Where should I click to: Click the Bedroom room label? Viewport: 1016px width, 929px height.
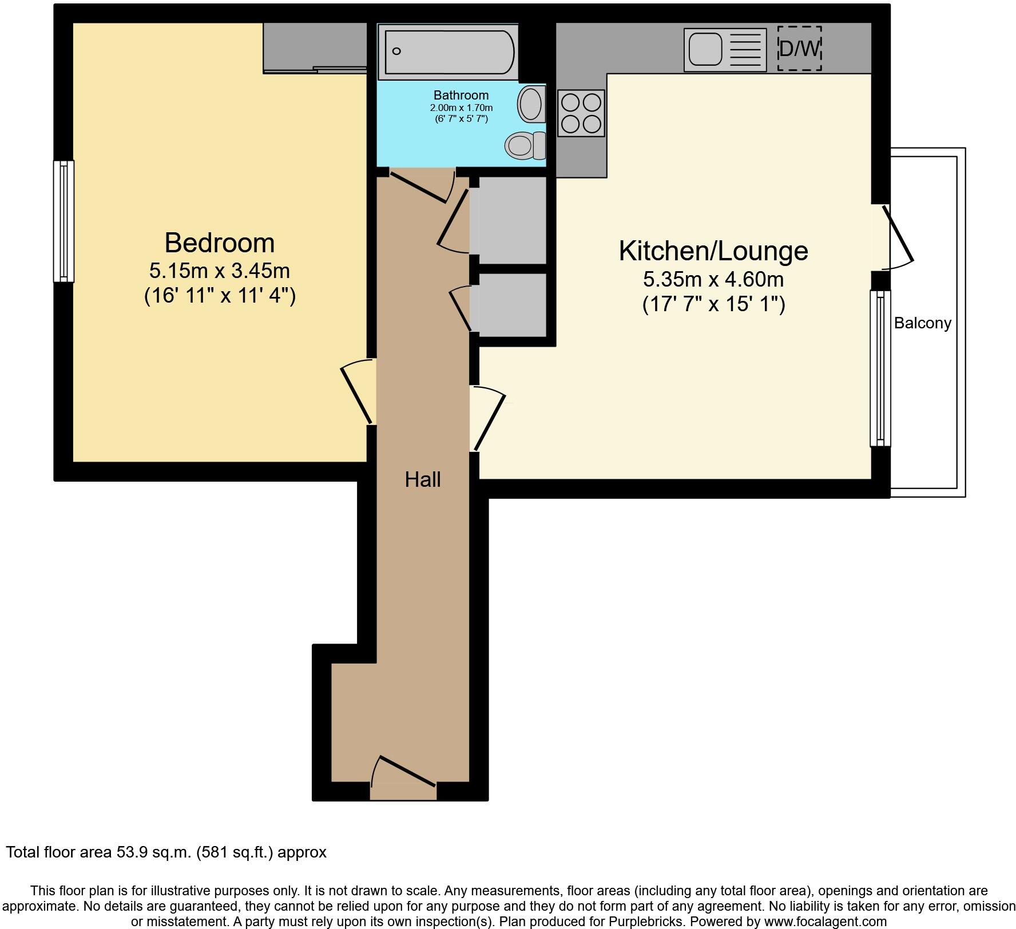220,243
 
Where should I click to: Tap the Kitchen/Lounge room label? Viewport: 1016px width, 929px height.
713,251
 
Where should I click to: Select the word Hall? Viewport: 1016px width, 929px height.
423,479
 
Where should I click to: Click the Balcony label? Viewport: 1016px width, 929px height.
922,323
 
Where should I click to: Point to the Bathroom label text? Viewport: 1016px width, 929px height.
461,96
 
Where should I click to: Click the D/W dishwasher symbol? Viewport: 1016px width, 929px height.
799,49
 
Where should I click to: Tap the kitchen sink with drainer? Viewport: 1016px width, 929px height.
725,50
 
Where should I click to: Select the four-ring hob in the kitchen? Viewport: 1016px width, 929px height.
581,113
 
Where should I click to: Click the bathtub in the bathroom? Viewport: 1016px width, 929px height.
449,52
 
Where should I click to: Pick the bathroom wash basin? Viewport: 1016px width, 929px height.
531,104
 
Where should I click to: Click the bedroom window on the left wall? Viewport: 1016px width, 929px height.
64,221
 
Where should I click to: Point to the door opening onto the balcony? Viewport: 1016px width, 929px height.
898,236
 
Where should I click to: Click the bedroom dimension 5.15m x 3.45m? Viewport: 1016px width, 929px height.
220,270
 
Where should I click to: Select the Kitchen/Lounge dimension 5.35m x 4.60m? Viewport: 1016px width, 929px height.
713,280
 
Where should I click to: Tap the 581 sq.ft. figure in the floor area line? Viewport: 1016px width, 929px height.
236,852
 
